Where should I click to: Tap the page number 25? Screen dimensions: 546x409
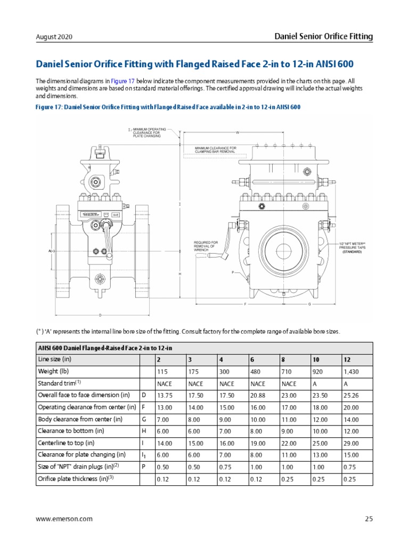click(369, 518)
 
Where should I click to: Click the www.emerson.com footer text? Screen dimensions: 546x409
click(64, 518)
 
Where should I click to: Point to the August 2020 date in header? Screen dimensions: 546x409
click(54, 37)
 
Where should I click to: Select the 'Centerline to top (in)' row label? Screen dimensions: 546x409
click(66, 443)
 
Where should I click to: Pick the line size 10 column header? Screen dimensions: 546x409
click(316, 360)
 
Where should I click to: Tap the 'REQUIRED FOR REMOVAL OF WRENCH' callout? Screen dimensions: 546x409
click(206, 246)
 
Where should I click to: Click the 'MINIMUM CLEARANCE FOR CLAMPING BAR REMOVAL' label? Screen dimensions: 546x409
click(215, 150)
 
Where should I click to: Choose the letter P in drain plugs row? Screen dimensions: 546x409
click(143, 467)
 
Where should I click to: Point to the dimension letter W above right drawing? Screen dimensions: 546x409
click(237, 132)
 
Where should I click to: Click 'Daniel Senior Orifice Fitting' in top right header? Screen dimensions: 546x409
click(323, 36)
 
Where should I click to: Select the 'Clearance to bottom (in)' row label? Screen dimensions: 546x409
click(70, 431)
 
